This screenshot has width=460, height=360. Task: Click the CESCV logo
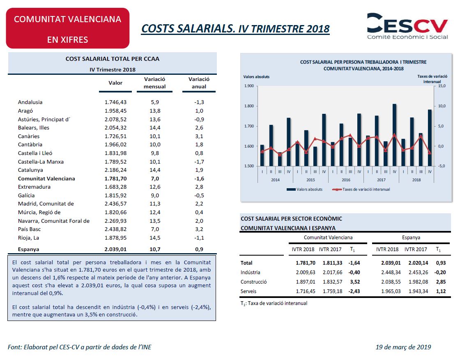pos(407,26)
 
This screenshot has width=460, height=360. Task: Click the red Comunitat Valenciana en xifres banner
pos(68,28)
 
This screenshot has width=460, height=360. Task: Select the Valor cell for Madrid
pos(115,204)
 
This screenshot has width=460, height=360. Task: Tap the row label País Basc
pos(29,229)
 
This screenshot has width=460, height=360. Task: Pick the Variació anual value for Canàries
pos(199,136)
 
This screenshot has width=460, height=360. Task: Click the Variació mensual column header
pos(154,83)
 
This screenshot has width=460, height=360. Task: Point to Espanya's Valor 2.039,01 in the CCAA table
pos(115,249)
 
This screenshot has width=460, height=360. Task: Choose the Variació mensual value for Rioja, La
pos(155,238)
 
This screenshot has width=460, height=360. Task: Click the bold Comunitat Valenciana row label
pos(46,178)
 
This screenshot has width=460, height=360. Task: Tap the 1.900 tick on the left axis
pos(249,86)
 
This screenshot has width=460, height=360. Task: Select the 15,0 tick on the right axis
pos(442,86)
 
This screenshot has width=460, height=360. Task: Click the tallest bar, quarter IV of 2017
pos(395,135)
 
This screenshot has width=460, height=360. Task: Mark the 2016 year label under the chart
pos(346,180)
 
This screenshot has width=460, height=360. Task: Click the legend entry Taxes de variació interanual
pos(361,189)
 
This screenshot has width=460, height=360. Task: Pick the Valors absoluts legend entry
pos(304,189)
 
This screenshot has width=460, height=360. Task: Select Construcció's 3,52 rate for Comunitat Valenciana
pos(355,282)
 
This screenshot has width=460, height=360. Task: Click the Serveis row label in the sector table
pos(248,291)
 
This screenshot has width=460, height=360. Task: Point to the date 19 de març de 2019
pos(403,347)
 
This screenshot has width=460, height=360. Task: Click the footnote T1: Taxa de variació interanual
pos(274,303)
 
